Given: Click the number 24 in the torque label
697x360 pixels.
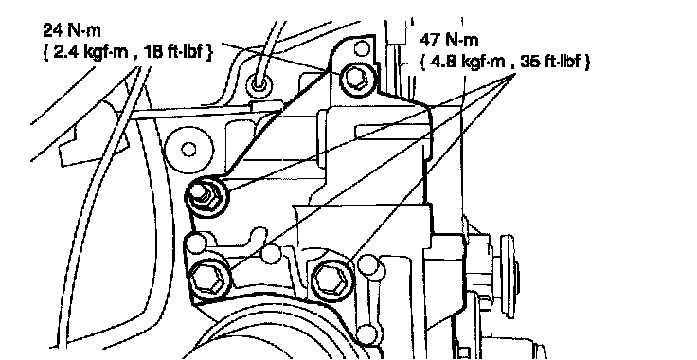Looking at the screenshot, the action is point(52,30).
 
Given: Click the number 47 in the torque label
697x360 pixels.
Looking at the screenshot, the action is point(429,41).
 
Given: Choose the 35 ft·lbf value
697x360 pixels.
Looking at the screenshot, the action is point(549,62).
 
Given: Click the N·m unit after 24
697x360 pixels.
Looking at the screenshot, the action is point(84,30).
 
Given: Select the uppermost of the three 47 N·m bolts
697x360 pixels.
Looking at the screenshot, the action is point(207,195).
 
